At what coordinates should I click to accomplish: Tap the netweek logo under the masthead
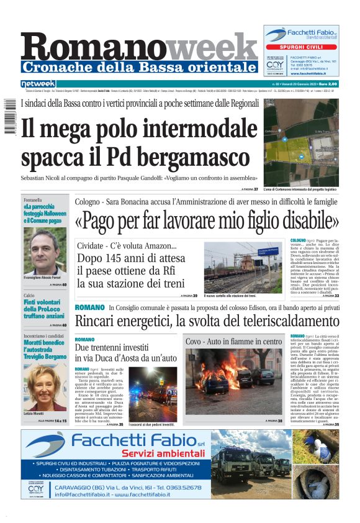(38, 84)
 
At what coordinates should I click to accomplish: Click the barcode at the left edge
(9, 117)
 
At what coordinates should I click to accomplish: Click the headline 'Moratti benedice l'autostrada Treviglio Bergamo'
(45, 349)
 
